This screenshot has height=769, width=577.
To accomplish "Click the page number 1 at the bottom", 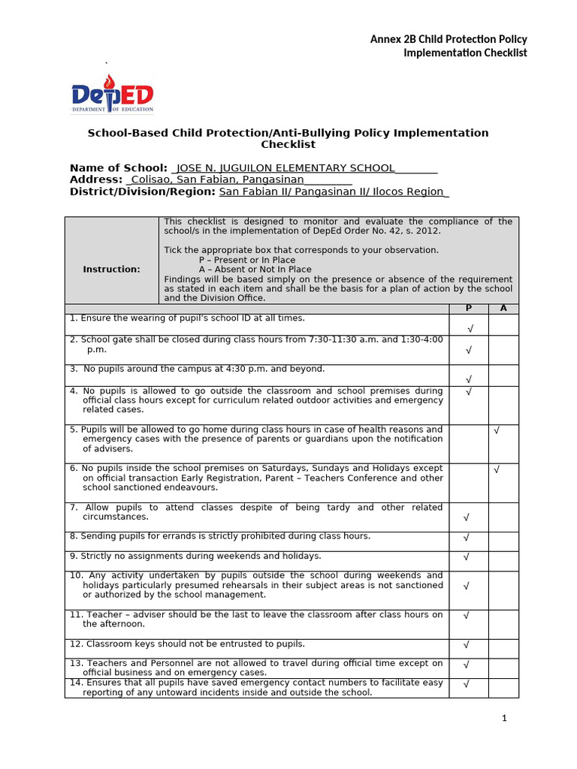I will click(x=505, y=718).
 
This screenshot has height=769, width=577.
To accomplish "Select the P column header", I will click(x=469, y=309).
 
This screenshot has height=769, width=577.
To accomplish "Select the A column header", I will click(x=503, y=309).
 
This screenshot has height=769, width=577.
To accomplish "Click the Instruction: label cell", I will click(x=111, y=269).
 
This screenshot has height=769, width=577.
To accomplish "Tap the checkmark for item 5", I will click(x=497, y=430).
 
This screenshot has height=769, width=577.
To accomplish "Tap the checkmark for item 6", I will click(x=497, y=469).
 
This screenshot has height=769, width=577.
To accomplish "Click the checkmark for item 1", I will click(x=470, y=329).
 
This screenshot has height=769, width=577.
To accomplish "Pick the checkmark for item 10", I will click(x=467, y=585).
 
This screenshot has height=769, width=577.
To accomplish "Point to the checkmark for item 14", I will click(x=467, y=684).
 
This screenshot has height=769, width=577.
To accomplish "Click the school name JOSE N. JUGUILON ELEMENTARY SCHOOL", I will click(x=285, y=167).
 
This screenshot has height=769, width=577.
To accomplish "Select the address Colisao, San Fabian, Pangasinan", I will click(x=218, y=179).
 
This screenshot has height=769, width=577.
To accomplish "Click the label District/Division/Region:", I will click(x=143, y=191).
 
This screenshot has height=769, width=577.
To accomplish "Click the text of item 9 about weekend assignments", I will click(x=195, y=556).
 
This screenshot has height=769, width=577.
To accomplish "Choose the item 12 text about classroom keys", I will click(x=187, y=644).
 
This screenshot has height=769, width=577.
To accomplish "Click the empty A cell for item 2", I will click(x=503, y=350).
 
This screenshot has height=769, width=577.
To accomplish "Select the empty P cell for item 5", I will click(x=469, y=444).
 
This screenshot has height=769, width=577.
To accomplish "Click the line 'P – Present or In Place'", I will click(x=247, y=260).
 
